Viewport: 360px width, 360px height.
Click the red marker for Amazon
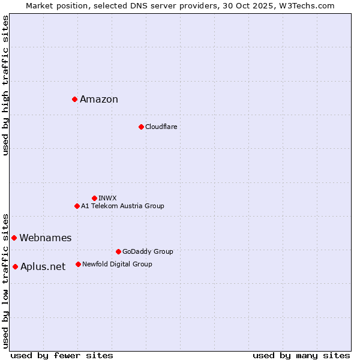[x=74, y=99]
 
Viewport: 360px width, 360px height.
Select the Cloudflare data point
[x=141, y=127]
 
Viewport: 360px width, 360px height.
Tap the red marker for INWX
[x=94, y=198]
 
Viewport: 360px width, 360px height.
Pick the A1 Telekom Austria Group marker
[x=77, y=206]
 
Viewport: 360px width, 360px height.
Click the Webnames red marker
[x=14, y=238]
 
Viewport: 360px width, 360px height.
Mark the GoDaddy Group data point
[x=118, y=251]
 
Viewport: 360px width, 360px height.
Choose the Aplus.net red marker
[x=15, y=266]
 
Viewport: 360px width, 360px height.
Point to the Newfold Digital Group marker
[x=78, y=264]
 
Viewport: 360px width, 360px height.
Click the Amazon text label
[x=99, y=100]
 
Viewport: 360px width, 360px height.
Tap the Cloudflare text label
[x=161, y=127]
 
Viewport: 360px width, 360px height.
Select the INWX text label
[x=107, y=198]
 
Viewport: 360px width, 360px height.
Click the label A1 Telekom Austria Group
[x=122, y=206]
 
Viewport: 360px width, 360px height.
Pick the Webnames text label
[x=46, y=238]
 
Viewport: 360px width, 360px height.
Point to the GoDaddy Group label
[x=148, y=251]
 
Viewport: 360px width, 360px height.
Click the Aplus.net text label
[x=43, y=267]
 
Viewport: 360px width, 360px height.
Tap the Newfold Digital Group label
[x=117, y=264]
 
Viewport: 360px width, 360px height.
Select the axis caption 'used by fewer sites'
[x=62, y=355]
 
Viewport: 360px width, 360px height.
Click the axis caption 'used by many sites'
[x=301, y=355]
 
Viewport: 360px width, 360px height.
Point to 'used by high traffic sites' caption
[x=6, y=85]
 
